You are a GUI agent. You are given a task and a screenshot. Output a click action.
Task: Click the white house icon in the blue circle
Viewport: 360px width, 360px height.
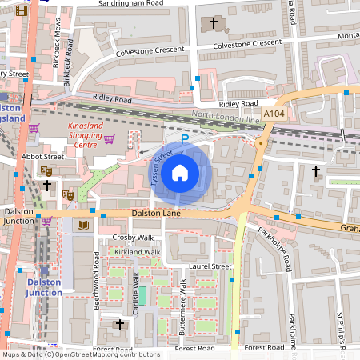click(x=180, y=172)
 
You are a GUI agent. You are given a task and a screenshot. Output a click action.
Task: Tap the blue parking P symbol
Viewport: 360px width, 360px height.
click(x=184, y=138)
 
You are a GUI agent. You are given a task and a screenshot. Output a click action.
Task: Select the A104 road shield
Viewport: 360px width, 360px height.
click(x=274, y=114)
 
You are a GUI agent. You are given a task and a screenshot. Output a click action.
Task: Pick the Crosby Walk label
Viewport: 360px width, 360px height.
click(x=133, y=238)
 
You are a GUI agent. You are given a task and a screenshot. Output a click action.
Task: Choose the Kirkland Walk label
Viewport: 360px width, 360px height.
click(x=137, y=252)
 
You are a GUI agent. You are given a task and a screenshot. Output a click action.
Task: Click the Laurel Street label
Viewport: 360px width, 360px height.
click(x=210, y=266)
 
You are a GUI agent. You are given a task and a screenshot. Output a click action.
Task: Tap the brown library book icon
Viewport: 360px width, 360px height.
click(x=83, y=226)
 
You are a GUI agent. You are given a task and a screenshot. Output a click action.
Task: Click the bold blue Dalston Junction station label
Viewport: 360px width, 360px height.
click(x=44, y=287)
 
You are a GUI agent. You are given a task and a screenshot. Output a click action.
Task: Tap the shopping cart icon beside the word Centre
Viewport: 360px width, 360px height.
click(x=109, y=140)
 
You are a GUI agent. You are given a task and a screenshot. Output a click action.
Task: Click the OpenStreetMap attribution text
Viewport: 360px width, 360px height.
click(x=81, y=354)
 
